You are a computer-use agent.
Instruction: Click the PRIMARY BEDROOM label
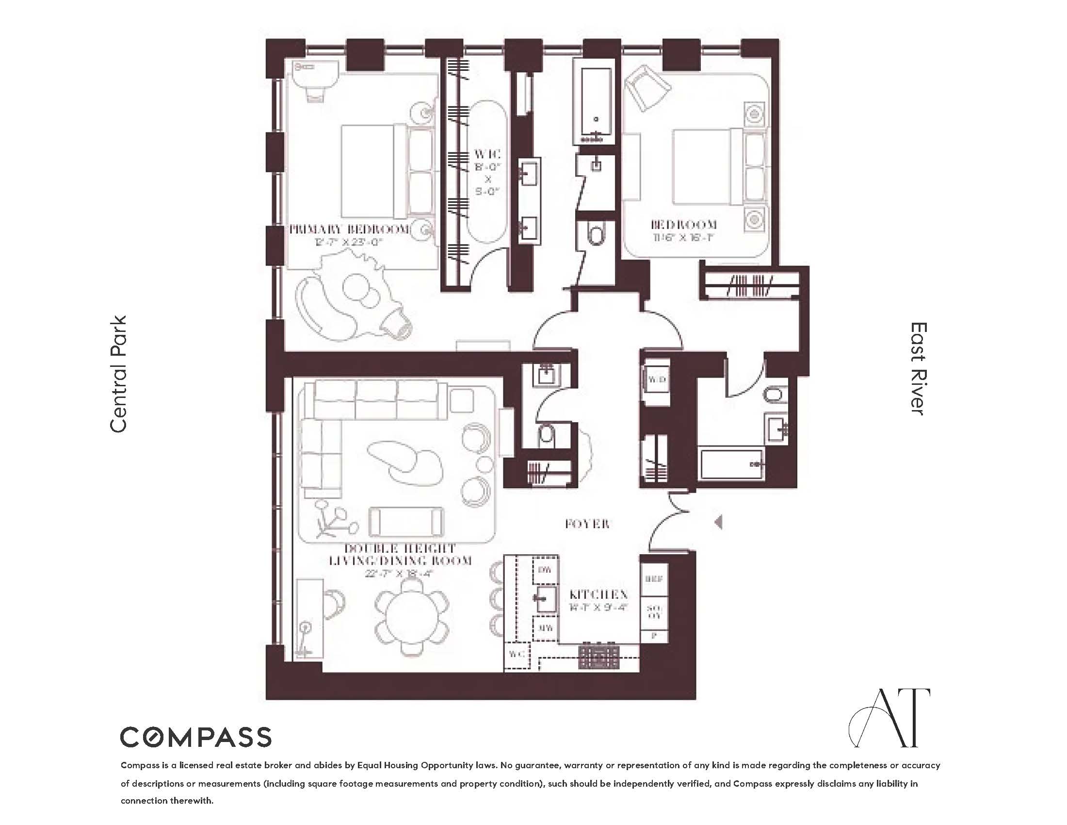[349, 229]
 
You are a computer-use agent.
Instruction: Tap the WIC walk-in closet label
[487, 154]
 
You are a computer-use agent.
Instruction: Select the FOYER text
[587, 524]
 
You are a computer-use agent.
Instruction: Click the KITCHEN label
[598, 595]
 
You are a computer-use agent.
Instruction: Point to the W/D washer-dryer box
[656, 380]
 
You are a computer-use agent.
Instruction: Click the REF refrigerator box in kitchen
[654, 579]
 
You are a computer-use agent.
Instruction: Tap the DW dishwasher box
[545, 570]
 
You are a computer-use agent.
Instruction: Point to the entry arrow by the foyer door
[718, 522]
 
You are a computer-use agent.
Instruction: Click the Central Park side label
[119, 374]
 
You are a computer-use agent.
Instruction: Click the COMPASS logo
[195, 737]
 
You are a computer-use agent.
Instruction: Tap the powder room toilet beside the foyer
[546, 435]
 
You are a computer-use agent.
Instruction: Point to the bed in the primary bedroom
[386, 171]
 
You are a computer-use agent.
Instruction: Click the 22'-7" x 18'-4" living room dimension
[399, 573]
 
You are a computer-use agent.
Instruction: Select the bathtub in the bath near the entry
[731, 464]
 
